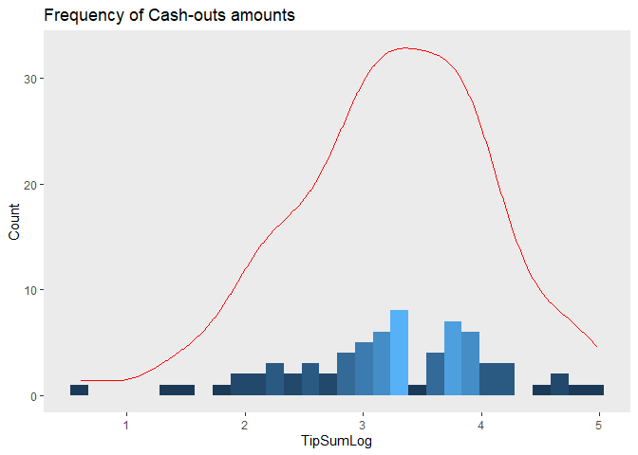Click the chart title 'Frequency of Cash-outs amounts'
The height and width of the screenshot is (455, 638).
tap(155, 15)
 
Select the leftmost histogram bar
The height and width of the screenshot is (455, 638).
tap(79, 391)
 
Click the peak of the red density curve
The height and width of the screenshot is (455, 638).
tap(406, 47)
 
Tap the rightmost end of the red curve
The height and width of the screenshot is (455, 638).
tap(596, 346)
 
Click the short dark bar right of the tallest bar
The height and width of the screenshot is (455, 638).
tap(417, 391)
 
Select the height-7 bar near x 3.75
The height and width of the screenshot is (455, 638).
tap(453, 358)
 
